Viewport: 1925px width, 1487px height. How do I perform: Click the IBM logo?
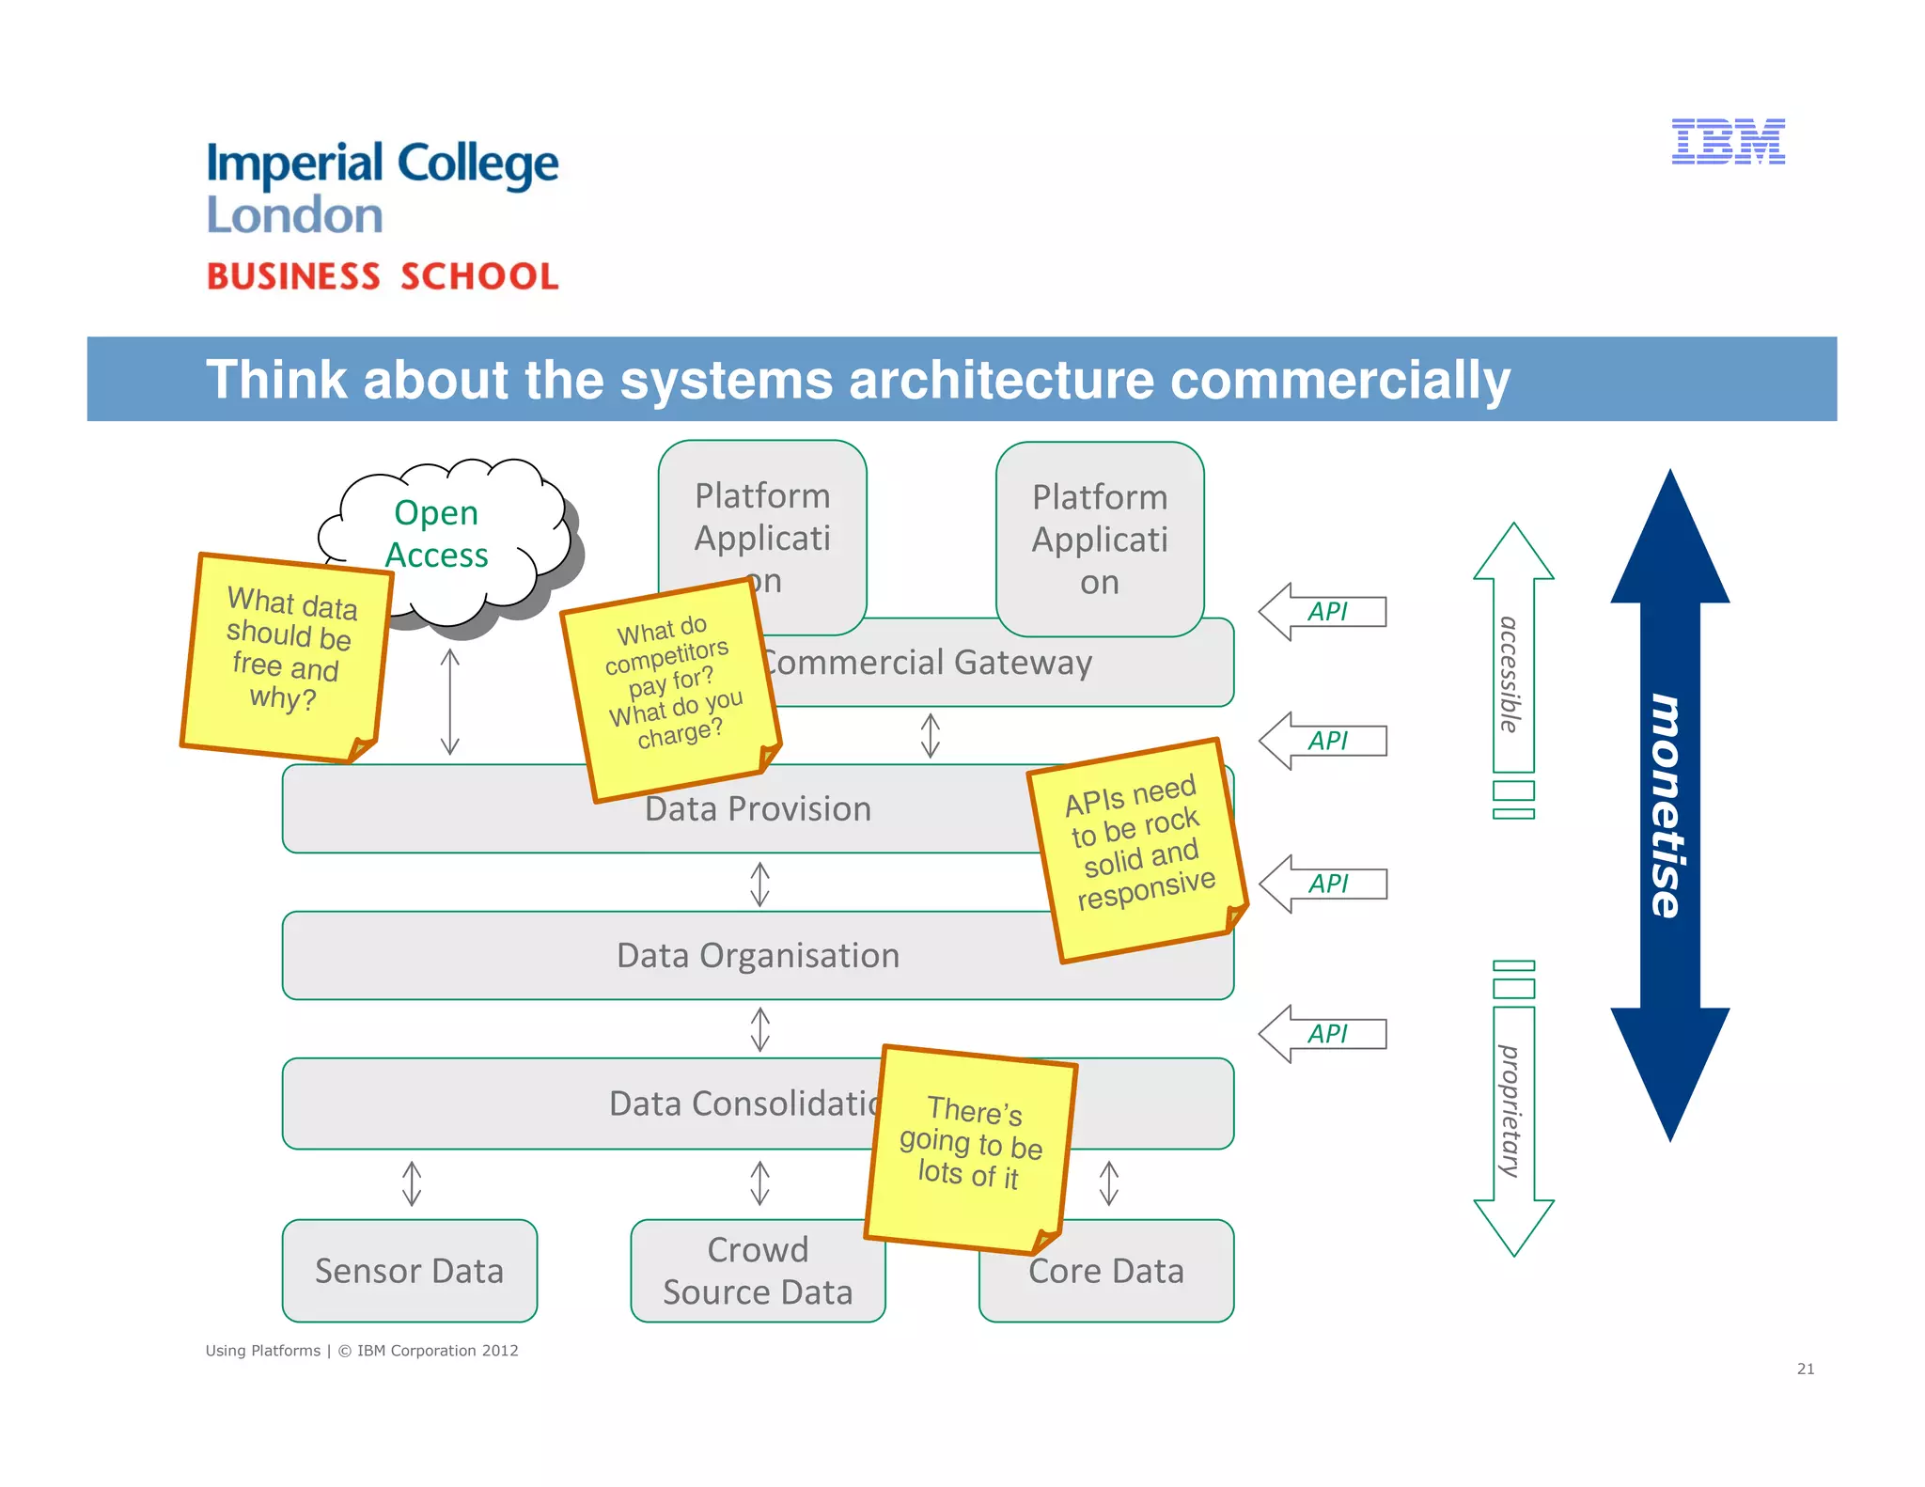pyautogui.click(x=1728, y=142)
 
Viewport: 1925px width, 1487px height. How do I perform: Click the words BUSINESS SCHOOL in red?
pyautogui.click(x=383, y=276)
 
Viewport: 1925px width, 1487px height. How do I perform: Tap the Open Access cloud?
pyautogui.click(x=438, y=533)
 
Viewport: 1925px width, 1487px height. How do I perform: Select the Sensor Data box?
pyautogui.click(x=409, y=1271)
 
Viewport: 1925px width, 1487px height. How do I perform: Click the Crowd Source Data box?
pyautogui.click(x=757, y=1271)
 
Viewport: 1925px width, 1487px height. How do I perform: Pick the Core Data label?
pyautogui.click(x=1106, y=1272)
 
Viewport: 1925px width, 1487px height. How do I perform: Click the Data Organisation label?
pyautogui.click(x=758, y=955)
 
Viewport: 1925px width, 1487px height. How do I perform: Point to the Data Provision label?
pyautogui.click(x=758, y=809)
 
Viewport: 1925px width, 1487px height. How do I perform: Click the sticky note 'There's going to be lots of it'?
pyautogui.click(x=971, y=1148)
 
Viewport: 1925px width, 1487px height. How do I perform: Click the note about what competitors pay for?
pyautogui.click(x=671, y=687)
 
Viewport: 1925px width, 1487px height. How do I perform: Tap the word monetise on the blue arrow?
pyautogui.click(x=1667, y=806)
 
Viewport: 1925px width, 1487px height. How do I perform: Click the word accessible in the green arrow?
pyautogui.click(x=1510, y=674)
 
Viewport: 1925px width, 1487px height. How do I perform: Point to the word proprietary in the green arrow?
pyautogui.click(x=1510, y=1110)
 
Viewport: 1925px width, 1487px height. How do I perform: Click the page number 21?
pyautogui.click(x=1805, y=1369)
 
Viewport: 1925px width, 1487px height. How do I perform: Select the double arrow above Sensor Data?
pyautogui.click(x=412, y=1183)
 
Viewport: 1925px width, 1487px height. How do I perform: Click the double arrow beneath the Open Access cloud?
pyautogui.click(x=450, y=701)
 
